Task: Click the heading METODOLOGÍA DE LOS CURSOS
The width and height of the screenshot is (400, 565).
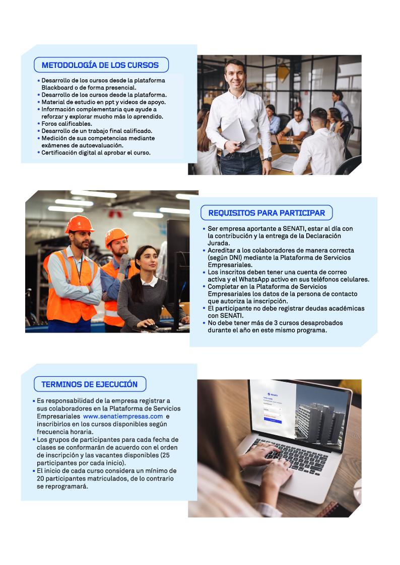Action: (100, 65)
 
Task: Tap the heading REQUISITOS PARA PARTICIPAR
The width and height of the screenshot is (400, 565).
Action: (266, 213)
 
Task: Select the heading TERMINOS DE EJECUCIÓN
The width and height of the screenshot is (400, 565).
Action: (89, 384)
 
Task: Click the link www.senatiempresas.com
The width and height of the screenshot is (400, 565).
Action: (123, 417)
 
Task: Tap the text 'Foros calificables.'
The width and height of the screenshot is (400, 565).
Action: (66, 123)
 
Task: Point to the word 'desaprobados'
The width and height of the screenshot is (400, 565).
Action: (303, 323)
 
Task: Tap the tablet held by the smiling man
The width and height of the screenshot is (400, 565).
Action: (233, 131)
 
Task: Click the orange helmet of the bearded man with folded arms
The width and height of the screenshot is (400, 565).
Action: (80, 223)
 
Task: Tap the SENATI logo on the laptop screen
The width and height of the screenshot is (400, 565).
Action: (274, 394)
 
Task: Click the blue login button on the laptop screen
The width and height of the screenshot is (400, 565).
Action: (273, 420)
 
